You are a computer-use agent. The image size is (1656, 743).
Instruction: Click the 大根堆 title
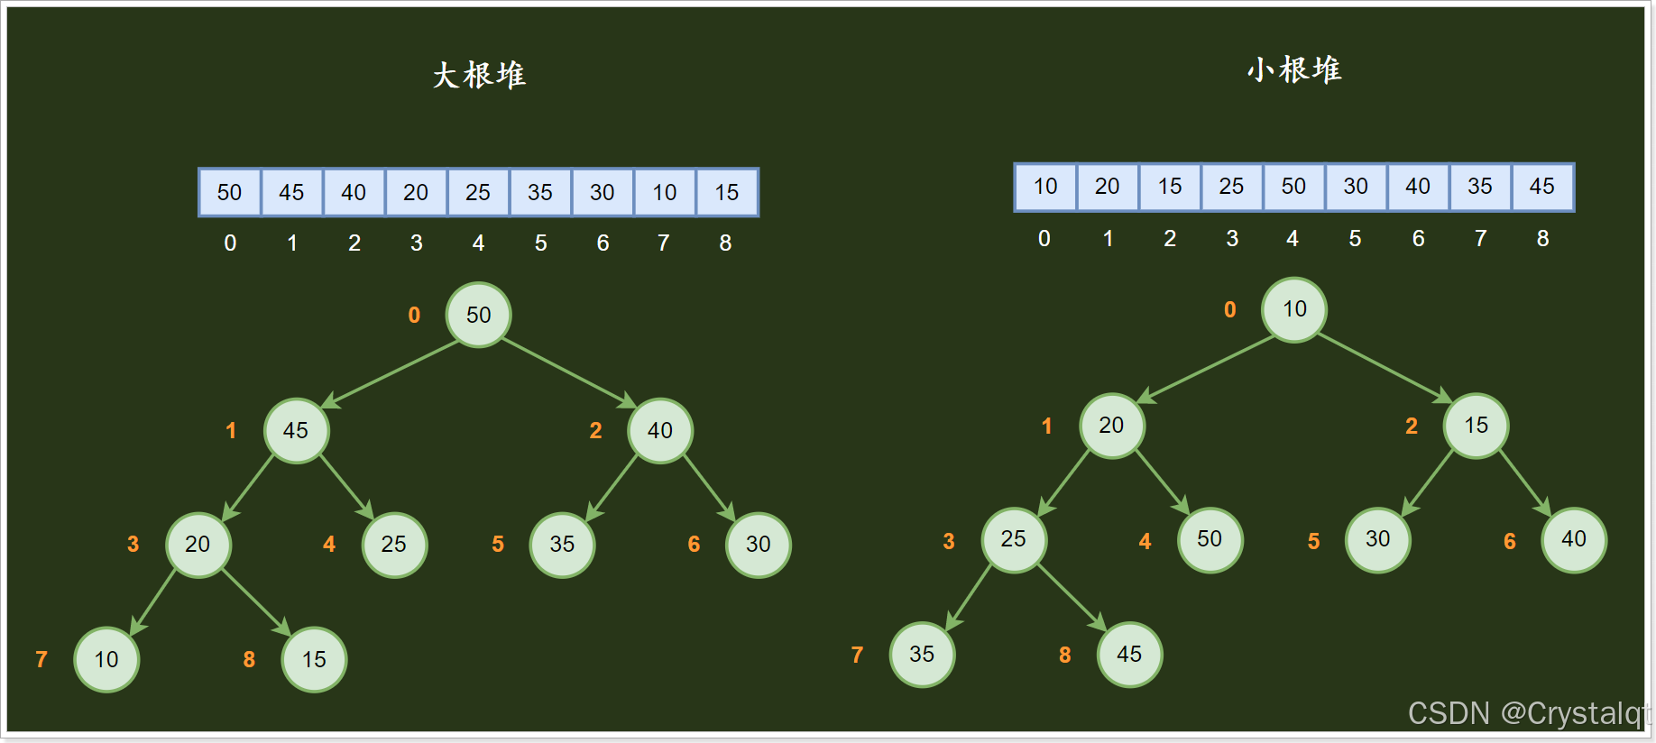click(479, 75)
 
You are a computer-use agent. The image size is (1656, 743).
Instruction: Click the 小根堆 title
click(1294, 69)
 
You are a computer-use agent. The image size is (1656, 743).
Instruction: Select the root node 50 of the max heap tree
click(478, 315)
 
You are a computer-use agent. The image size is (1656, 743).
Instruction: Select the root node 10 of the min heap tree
click(1294, 309)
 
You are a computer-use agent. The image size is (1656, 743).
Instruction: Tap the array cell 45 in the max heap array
click(291, 192)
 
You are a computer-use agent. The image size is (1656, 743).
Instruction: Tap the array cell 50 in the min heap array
click(1293, 187)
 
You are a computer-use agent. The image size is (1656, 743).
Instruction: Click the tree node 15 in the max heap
click(314, 659)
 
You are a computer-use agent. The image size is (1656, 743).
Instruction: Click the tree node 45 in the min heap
click(1129, 654)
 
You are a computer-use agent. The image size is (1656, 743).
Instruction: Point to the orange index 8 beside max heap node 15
click(249, 659)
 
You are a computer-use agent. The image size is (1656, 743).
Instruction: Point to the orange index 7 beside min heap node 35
click(857, 655)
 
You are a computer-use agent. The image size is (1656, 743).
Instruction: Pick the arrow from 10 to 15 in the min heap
click(1385, 368)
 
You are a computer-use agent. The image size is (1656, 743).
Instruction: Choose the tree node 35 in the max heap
click(562, 545)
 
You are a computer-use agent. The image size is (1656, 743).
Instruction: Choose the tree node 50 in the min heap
click(1210, 539)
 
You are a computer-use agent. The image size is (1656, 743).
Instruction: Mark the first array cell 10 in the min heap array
click(1045, 187)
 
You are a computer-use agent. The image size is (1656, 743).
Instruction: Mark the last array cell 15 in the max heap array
click(727, 192)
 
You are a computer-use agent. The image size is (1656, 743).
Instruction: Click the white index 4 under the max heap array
click(478, 243)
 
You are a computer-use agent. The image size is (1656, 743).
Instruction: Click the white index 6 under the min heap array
click(1418, 238)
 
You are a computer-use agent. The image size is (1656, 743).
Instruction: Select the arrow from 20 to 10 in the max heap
click(152, 602)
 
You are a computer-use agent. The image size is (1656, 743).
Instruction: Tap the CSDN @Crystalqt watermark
click(1528, 713)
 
